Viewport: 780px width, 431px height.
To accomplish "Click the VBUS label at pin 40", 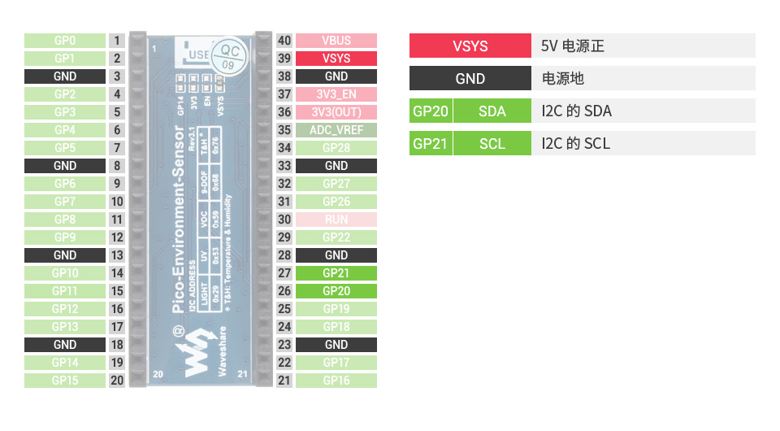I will pos(336,41).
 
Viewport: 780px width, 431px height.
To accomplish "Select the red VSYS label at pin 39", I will pos(336,59).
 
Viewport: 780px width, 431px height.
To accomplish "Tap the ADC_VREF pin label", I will pos(336,130).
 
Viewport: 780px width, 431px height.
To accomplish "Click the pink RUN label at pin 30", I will pos(336,220).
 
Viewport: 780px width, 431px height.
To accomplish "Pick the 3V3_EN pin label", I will pos(336,94).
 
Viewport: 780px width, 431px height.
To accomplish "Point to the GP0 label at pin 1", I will pos(65,41).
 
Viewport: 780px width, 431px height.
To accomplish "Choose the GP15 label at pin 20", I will pos(65,381).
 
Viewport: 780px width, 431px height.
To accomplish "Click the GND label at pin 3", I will pos(65,76).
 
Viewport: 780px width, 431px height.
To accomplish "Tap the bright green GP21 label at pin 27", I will pos(336,273).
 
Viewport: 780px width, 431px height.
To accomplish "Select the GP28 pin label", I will pos(336,148).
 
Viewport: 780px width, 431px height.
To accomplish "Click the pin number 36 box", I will pos(284,112).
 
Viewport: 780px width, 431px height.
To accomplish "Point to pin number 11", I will pos(117,220).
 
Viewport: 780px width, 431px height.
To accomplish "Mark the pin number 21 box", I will pos(284,381).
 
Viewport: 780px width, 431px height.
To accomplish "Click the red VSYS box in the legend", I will pos(470,46).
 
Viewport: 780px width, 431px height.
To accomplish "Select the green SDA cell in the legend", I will pos(492,111).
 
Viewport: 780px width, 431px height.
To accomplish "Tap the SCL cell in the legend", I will pos(492,143).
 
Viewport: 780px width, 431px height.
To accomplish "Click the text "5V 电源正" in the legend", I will pos(573,46).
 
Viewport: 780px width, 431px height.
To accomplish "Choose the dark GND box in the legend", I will pos(470,78).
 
